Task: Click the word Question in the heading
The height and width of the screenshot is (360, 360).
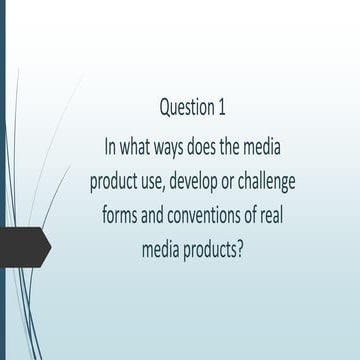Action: click(x=188, y=106)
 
